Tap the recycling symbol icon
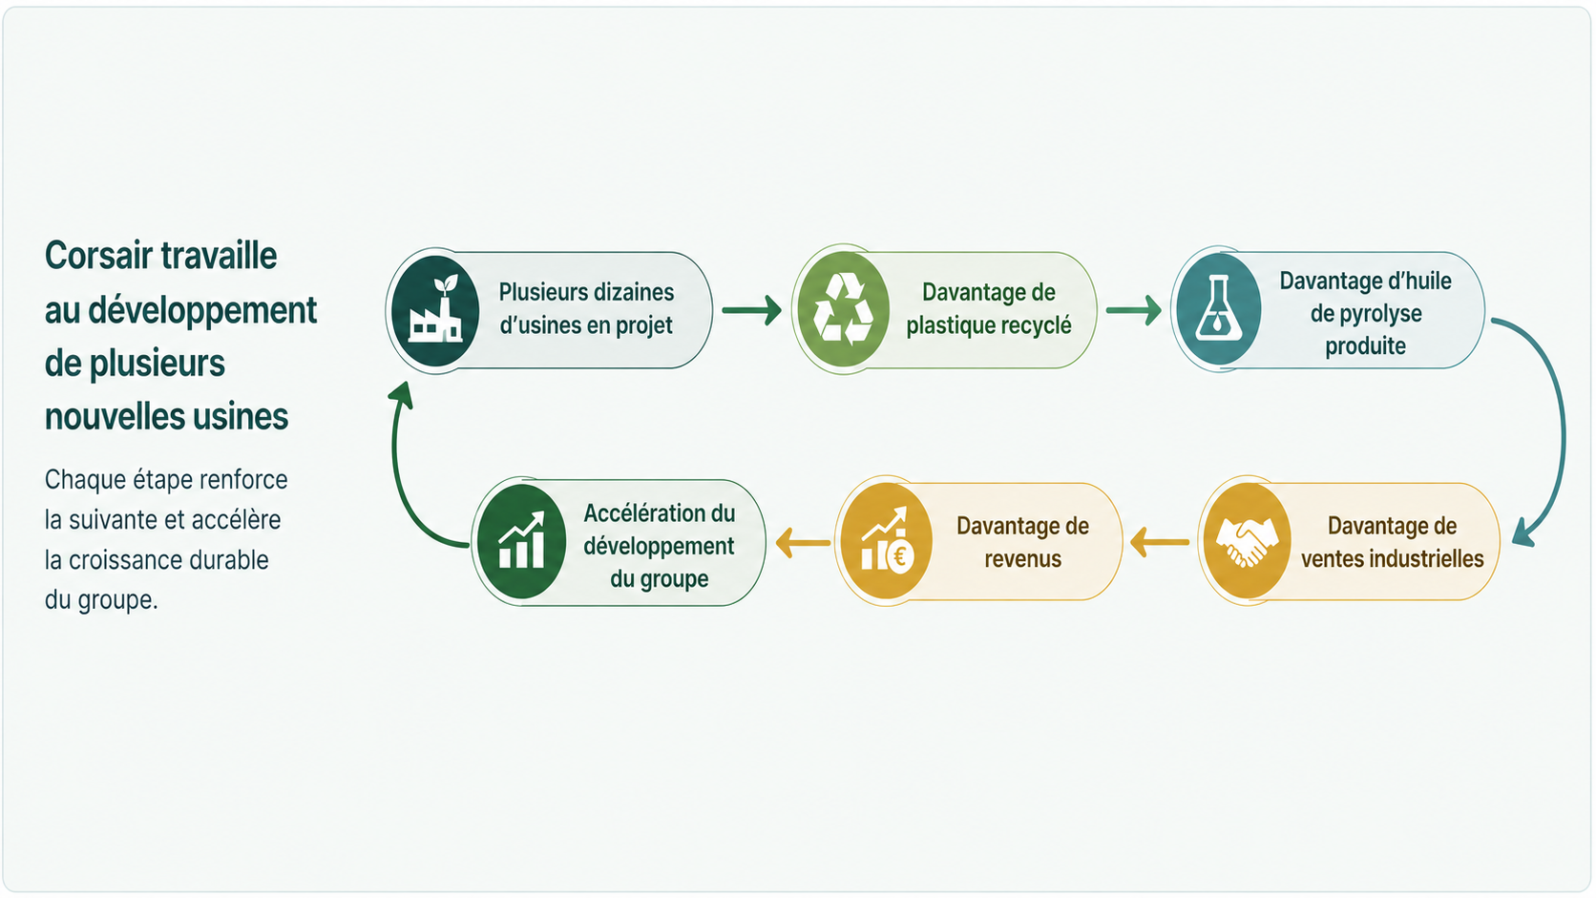tap(844, 309)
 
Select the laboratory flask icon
tap(1218, 307)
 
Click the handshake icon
tap(1247, 542)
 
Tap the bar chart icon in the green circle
tap(521, 540)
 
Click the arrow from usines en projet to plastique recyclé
tap(751, 310)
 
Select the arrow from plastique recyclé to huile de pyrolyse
tap(1134, 310)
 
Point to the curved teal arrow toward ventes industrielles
tap(1562, 428)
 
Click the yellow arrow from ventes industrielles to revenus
tap(1159, 543)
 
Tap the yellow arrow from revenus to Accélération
tap(803, 543)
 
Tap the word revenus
tap(1022, 559)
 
